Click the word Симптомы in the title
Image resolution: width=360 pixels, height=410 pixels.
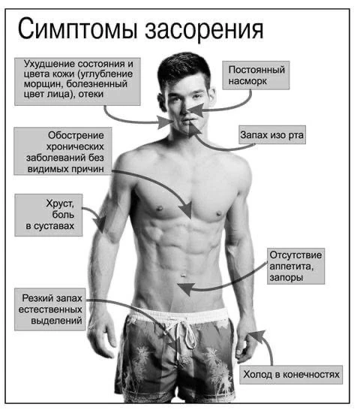point(77,29)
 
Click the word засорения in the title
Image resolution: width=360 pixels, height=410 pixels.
point(204,29)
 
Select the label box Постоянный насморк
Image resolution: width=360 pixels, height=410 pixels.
point(256,75)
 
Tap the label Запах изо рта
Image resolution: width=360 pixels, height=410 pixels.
point(272,135)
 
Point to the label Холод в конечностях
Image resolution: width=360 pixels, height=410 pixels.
point(291,375)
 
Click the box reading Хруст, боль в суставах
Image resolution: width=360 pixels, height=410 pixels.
point(49,215)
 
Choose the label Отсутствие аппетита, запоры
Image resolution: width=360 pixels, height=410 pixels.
point(295,266)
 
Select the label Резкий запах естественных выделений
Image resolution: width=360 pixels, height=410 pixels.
point(50,309)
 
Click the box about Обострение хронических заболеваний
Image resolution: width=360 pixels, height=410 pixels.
point(63,151)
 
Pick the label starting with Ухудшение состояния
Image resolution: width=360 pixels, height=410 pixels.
point(77,82)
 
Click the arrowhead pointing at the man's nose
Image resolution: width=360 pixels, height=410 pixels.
point(196,110)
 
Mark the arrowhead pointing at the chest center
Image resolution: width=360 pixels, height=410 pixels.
point(186,210)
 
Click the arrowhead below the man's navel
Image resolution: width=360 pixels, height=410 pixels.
point(186,288)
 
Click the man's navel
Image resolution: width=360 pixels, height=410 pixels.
point(184,275)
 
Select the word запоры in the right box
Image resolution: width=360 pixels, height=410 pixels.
point(286,277)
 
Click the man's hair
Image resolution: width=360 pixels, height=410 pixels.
point(184,66)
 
